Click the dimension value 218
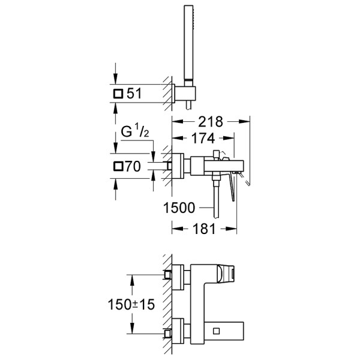pyautogui.click(x=210, y=122)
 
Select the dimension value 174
pyautogui.click(x=202, y=139)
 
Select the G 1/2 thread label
pyautogui.click(x=133, y=146)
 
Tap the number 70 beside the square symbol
pyautogui.click(x=133, y=167)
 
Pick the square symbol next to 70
pyautogui.click(x=118, y=167)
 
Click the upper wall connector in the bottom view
pyautogui.click(x=174, y=275)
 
